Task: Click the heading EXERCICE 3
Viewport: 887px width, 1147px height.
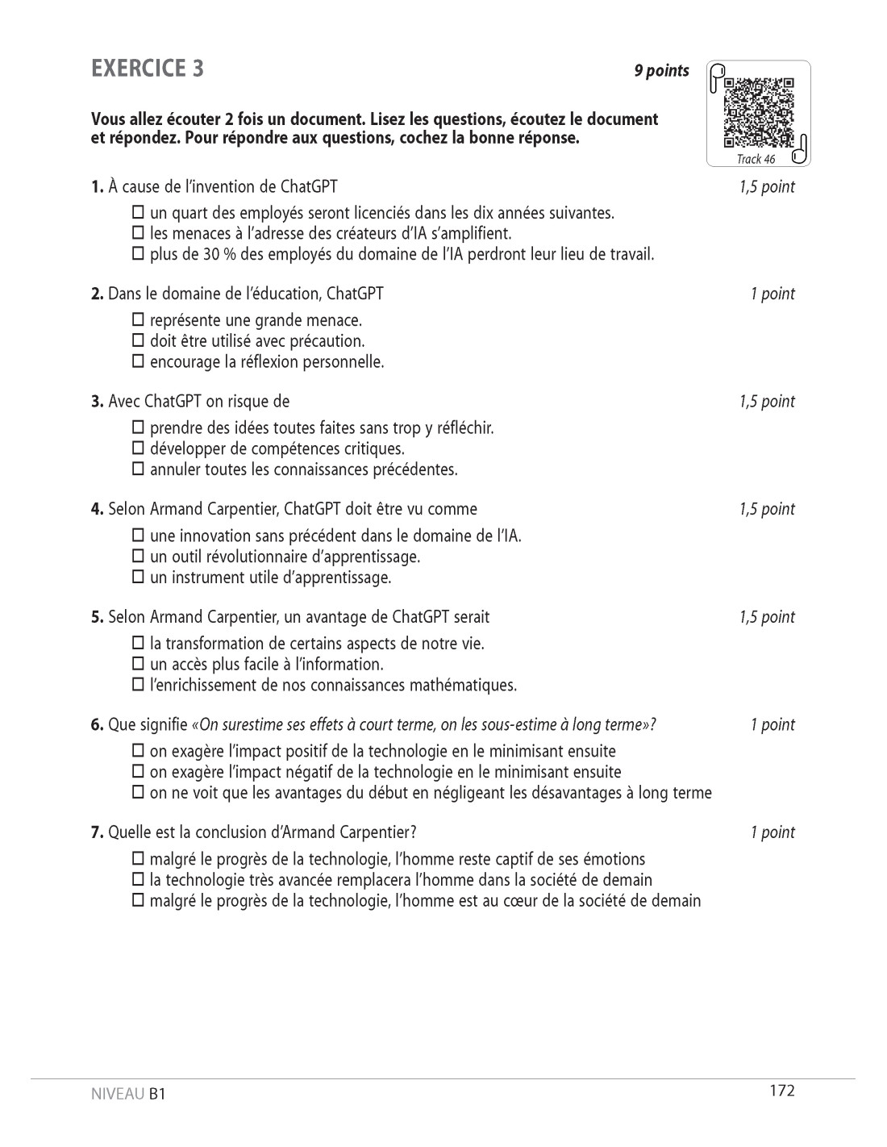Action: (148, 69)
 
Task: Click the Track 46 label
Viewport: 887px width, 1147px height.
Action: (756, 159)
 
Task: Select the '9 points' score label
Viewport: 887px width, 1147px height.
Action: (661, 71)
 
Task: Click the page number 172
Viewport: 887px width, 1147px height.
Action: (782, 1091)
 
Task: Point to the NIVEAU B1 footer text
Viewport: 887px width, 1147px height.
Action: (128, 1095)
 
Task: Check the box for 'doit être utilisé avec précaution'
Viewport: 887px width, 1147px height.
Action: (138, 341)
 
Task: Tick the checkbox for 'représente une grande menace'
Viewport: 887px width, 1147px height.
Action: (138, 320)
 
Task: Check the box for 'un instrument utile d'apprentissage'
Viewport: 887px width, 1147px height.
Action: (138, 578)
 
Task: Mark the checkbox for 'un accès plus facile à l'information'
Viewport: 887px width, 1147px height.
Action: (138, 665)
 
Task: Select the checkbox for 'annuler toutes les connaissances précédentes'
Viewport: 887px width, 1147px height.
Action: (138, 469)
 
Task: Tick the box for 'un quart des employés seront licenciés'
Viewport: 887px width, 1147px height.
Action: (138, 213)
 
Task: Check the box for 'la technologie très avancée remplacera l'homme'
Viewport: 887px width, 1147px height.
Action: (138, 880)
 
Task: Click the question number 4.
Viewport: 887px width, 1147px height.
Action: (98, 509)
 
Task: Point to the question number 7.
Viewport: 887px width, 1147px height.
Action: (98, 832)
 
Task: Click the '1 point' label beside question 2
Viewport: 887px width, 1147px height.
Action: (772, 294)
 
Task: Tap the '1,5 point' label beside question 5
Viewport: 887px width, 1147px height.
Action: (767, 617)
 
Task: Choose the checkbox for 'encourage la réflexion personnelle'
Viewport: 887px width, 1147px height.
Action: (138, 362)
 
